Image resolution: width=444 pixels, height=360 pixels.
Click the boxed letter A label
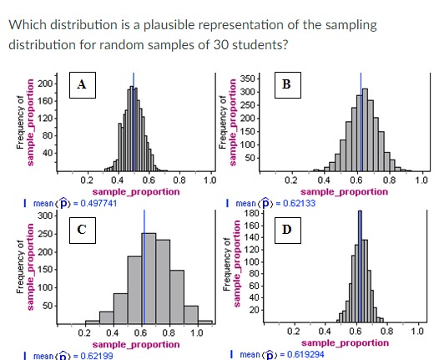(x=81, y=84)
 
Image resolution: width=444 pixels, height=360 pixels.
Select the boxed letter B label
(x=286, y=84)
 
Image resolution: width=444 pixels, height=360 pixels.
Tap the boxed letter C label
(x=81, y=228)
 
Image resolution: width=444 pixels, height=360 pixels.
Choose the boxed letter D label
(x=286, y=228)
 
